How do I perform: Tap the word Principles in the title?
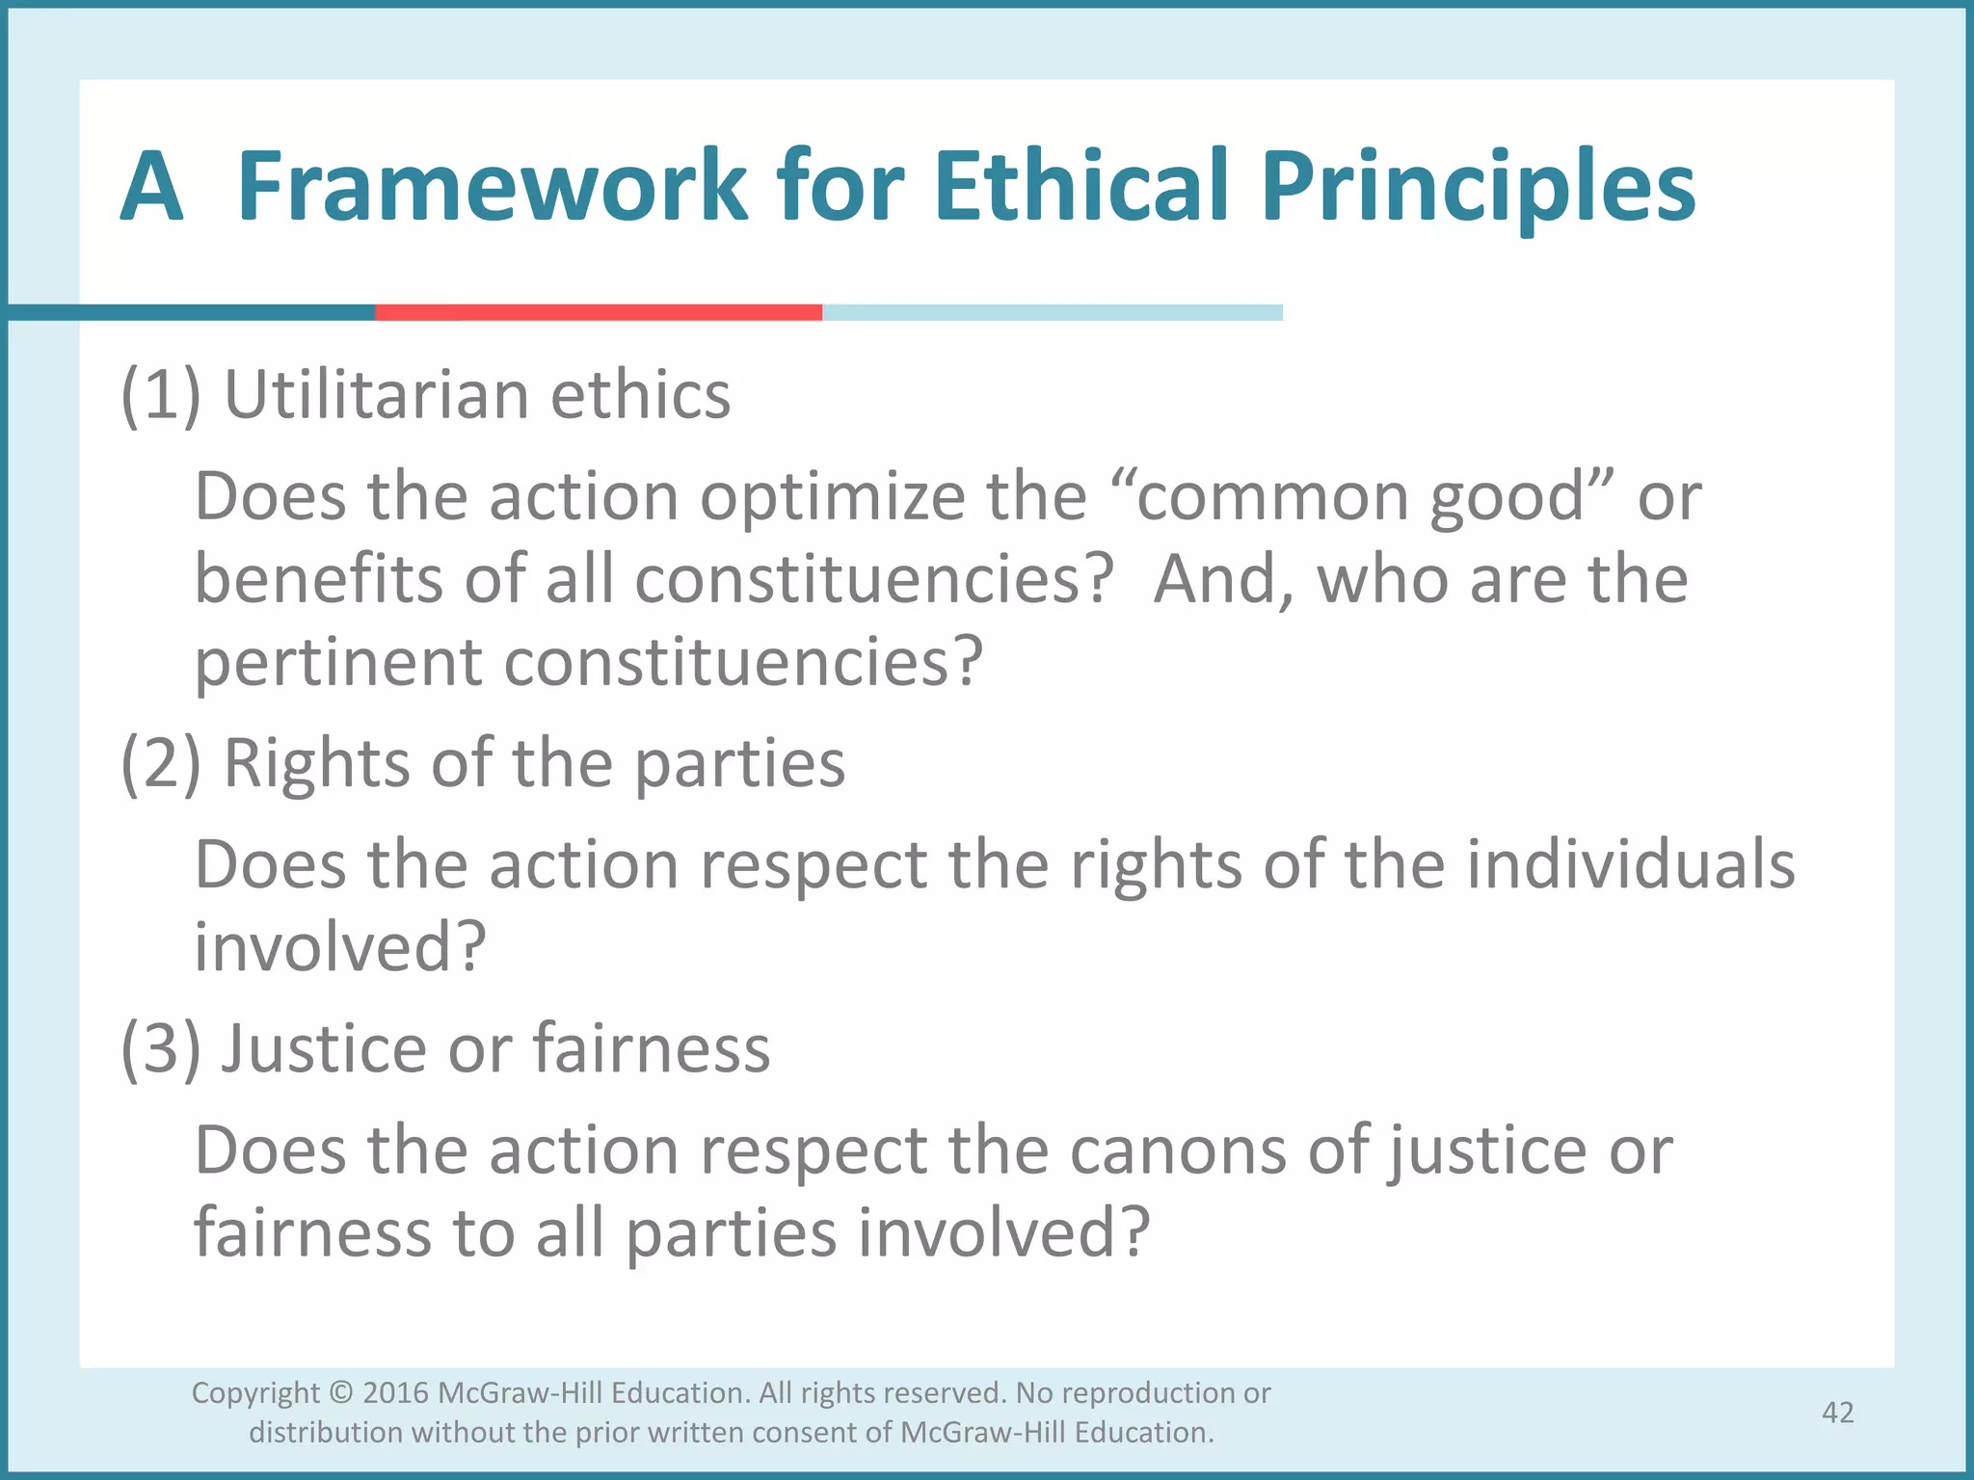click(x=1477, y=187)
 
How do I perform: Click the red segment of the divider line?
click(x=598, y=312)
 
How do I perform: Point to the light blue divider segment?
click(x=1051, y=312)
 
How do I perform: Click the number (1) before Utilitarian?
click(x=161, y=395)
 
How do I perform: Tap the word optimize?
click(x=832, y=498)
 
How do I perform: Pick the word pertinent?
click(x=337, y=664)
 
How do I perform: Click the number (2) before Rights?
click(x=161, y=764)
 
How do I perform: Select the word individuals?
click(x=1631, y=864)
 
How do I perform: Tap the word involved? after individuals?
click(x=339, y=946)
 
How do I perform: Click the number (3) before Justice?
click(x=161, y=1048)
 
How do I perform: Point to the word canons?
click(x=1178, y=1150)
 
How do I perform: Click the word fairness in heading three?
click(x=652, y=1048)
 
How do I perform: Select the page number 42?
click(x=1837, y=1413)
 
